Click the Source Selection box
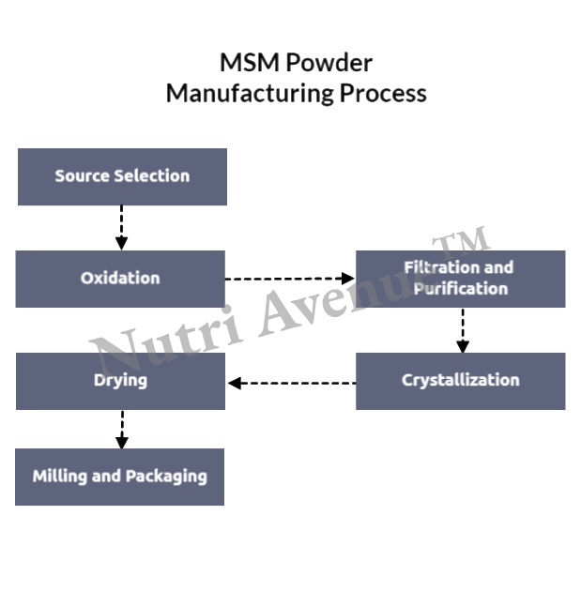coord(122,176)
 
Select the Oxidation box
coord(120,279)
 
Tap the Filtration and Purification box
coord(460,279)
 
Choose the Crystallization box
coord(460,381)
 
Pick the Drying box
coord(120,381)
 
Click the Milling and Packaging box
coord(119,477)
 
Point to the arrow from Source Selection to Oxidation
coord(121,227)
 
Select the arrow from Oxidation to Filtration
coord(289,279)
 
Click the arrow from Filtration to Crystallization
coord(462,329)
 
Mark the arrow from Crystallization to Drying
coord(291,383)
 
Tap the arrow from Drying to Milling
coord(121,429)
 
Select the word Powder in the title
coord(329,63)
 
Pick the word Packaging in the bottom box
coord(166,477)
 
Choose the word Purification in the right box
coord(461,289)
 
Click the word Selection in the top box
coord(151,176)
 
